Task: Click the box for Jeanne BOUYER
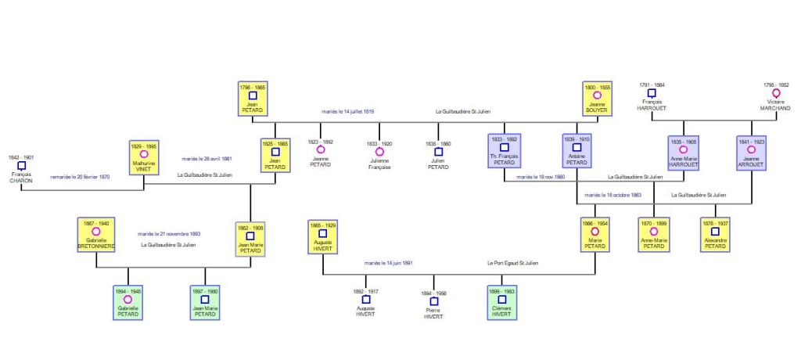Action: (x=597, y=99)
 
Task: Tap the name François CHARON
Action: (x=21, y=178)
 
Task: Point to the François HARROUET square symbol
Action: (x=652, y=93)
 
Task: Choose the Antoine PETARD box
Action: (x=577, y=152)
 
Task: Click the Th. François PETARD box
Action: (x=505, y=152)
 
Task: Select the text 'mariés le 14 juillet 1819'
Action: (x=347, y=112)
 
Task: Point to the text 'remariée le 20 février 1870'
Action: (x=81, y=177)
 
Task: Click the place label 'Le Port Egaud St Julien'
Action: (x=512, y=263)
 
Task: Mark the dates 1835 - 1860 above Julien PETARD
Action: (x=438, y=144)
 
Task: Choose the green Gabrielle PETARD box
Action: (x=128, y=303)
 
